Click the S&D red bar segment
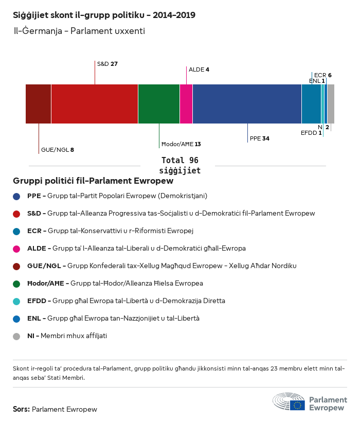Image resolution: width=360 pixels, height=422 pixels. click(x=95, y=104)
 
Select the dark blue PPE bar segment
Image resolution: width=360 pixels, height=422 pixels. click(x=247, y=104)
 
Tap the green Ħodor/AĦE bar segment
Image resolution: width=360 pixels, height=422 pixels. click(x=159, y=104)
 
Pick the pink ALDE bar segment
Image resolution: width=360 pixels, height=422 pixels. click(x=186, y=104)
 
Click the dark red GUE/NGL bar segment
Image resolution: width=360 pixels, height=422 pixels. click(x=39, y=104)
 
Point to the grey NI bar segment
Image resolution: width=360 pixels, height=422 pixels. click(x=331, y=104)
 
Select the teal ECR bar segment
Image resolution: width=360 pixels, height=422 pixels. click(x=311, y=104)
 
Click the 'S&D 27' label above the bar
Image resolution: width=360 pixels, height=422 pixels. click(x=107, y=64)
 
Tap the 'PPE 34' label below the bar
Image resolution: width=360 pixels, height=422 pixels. click(x=259, y=138)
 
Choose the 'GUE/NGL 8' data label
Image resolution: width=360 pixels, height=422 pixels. click(x=57, y=150)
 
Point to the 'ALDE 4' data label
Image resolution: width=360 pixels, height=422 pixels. click(x=199, y=69)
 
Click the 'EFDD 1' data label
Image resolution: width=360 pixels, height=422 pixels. click(x=311, y=133)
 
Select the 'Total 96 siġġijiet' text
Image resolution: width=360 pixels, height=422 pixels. click(x=179, y=165)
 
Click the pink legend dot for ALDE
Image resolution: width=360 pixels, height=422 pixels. click(x=17, y=249)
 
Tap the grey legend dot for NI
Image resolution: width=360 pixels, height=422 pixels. click(x=17, y=336)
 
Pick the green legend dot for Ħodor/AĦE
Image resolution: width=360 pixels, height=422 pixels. click(x=17, y=284)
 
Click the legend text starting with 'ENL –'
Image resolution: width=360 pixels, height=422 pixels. click(x=113, y=319)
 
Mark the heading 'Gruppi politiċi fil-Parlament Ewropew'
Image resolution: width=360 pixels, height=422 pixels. click(x=93, y=181)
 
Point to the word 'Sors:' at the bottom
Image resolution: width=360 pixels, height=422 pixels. click(x=21, y=410)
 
